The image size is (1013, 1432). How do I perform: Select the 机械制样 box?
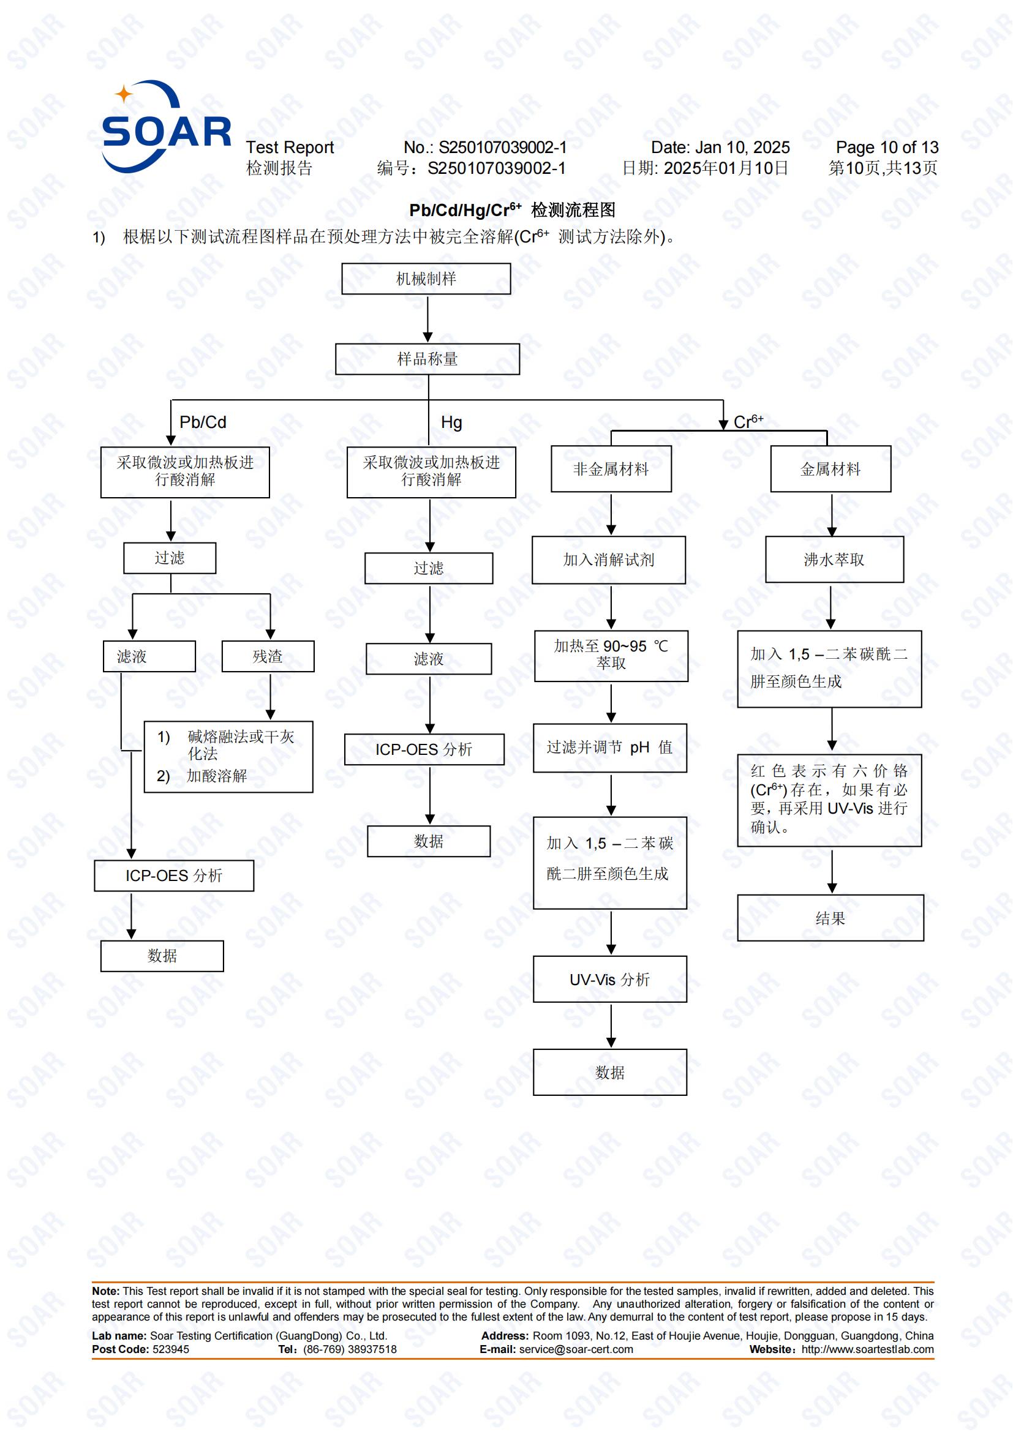tap(426, 279)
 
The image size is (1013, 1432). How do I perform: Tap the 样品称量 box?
tap(427, 359)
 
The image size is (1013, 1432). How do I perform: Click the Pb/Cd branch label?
tap(203, 422)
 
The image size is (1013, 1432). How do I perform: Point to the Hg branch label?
tap(451, 423)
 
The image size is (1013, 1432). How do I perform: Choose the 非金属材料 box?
tap(611, 469)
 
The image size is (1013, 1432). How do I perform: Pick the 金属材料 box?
tap(830, 469)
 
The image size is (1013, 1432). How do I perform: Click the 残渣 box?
tap(268, 656)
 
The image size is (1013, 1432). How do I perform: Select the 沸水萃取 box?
tap(834, 560)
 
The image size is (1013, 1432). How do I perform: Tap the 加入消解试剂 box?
tap(608, 560)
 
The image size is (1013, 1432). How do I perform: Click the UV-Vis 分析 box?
tap(609, 979)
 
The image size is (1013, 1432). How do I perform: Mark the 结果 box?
tap(830, 918)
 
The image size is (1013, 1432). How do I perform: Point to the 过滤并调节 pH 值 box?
tap(609, 748)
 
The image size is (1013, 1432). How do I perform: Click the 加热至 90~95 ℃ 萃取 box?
tap(611, 656)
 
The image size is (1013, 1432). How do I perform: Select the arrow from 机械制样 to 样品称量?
tap(428, 319)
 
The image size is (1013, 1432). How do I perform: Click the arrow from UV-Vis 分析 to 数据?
tap(611, 1025)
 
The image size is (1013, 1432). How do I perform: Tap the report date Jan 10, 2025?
tap(742, 148)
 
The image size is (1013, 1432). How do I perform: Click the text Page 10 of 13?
tap(886, 148)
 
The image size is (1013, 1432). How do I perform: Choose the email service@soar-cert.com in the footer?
tap(575, 1350)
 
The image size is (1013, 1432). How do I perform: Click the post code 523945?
tap(170, 1350)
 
